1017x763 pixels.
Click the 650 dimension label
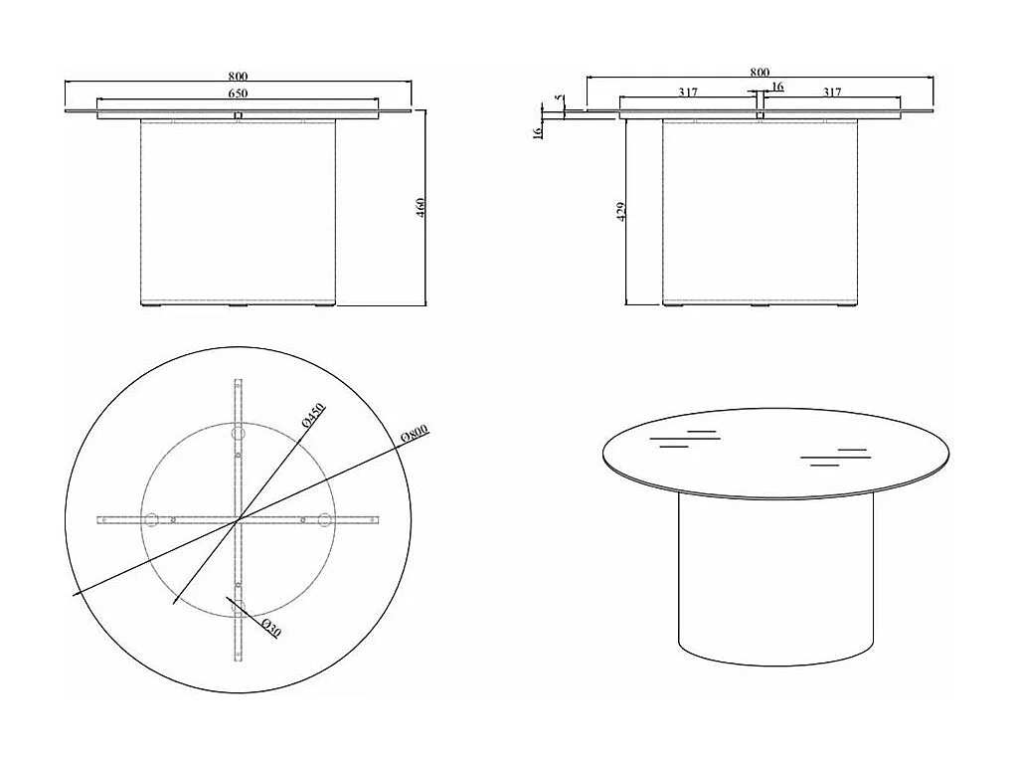click(238, 93)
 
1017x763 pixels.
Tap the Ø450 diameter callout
click(313, 417)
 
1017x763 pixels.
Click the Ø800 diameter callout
click(414, 434)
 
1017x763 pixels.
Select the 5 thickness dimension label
click(559, 99)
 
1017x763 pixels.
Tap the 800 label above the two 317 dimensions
click(760, 72)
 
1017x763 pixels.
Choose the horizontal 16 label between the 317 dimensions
click(776, 88)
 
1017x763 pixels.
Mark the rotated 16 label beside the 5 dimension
click(538, 130)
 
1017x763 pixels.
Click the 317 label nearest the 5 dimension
click(688, 93)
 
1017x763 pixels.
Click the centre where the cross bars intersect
click(238, 519)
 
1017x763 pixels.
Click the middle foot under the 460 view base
click(239, 305)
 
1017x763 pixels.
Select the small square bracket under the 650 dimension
click(238, 115)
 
